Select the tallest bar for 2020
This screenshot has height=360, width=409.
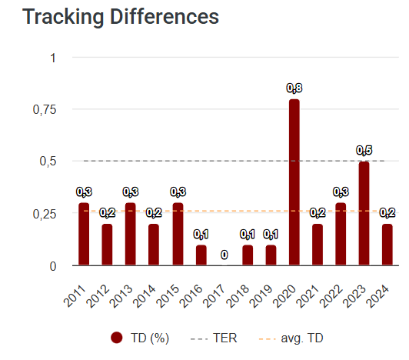(x=294, y=182)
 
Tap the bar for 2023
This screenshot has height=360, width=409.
(x=364, y=213)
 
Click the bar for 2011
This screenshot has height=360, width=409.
(x=84, y=234)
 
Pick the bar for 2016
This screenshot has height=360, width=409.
(x=201, y=255)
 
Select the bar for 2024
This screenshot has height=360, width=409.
(x=387, y=245)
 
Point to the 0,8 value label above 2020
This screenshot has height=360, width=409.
(x=294, y=88)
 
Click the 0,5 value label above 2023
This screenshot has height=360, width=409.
(x=364, y=150)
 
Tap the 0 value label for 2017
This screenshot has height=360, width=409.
(x=224, y=255)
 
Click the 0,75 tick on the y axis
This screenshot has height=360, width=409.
(x=43, y=109)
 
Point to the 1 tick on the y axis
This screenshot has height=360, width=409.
(x=52, y=58)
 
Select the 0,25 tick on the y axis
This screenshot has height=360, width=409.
(x=43, y=214)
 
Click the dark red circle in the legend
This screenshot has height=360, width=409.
(x=117, y=338)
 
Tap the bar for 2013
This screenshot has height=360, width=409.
(x=131, y=234)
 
